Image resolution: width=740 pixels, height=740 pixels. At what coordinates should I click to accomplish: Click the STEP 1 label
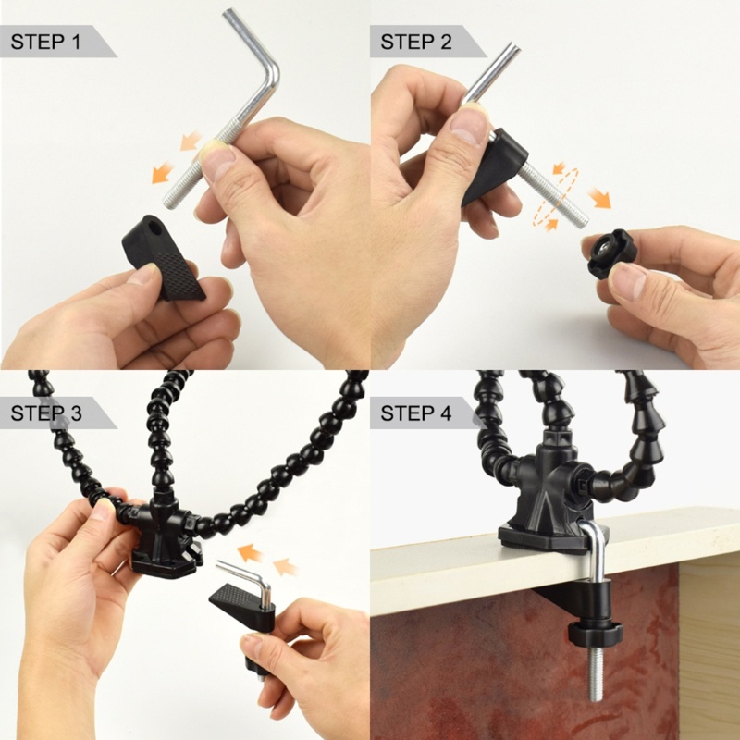(47, 42)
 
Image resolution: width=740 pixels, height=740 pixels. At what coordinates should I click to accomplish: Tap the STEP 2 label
(416, 42)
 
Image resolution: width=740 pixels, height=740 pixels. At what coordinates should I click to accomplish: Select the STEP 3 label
(47, 413)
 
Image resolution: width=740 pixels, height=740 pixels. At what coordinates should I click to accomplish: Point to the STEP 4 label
(416, 413)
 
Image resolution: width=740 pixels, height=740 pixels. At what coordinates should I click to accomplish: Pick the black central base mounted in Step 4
(546, 504)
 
